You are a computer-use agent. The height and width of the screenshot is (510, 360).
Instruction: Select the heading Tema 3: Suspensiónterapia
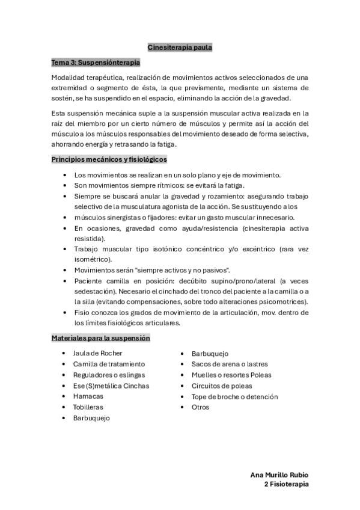pos(96,62)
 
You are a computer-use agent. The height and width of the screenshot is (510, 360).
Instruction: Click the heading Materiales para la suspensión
pos(100,339)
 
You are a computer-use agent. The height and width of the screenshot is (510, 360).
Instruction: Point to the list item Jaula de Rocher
pos(97,354)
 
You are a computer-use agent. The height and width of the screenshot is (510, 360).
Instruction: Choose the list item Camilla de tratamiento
pos(109,364)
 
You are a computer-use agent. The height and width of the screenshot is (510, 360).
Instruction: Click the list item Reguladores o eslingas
pos(106,375)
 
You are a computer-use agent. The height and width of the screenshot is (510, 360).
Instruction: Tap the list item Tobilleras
pos(88,407)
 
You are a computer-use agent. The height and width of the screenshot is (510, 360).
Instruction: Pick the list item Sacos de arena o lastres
pos(230,364)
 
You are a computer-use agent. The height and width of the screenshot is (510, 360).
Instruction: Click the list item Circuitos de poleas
pos(222,386)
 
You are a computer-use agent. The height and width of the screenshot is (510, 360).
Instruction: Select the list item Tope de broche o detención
pos(234,396)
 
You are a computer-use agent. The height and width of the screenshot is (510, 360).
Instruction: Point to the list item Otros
pos(200,407)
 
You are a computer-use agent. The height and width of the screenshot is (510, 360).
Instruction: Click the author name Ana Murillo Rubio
pos(279,475)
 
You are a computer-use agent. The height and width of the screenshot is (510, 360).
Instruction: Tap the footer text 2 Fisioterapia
pos(286,484)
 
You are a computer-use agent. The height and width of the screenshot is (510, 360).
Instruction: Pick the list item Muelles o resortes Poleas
pos(231,375)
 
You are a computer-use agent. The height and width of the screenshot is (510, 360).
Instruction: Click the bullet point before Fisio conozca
pos(64,313)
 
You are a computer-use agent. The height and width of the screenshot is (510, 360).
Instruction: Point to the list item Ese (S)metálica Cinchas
pos(111,386)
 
